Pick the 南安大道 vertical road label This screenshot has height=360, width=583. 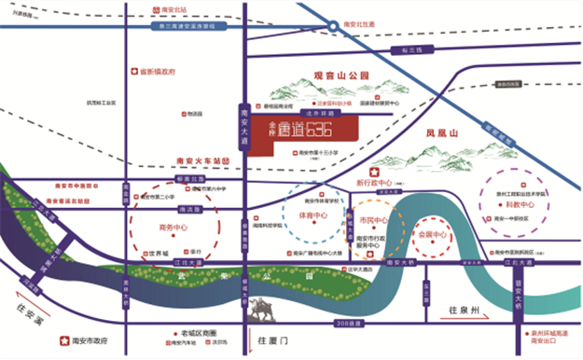[243, 122]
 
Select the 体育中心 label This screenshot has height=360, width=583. [312, 215]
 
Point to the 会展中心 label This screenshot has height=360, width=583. [435, 234]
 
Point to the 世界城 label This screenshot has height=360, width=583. [156, 252]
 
